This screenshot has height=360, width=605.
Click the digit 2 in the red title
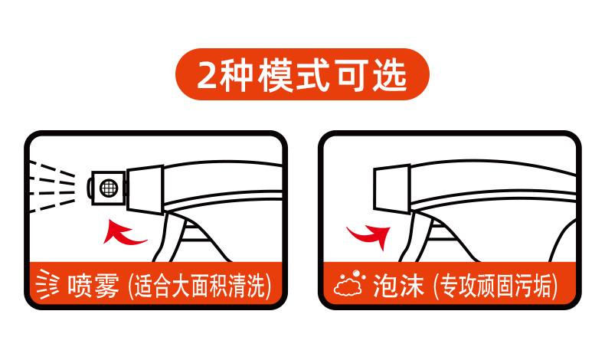coord(208,75)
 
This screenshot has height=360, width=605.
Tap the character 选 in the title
coord(390,75)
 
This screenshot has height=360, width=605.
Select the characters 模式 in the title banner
coord(293,75)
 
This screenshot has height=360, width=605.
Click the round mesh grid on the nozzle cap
coord(109,188)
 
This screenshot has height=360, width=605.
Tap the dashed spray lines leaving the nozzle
coord(52,187)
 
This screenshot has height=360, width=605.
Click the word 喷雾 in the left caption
coord(93,286)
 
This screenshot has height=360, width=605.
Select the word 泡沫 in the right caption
coord(398,286)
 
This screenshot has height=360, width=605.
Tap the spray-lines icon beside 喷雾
coord(47,285)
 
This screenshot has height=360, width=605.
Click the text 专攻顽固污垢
coord(495,286)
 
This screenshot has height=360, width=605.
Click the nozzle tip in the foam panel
coord(391,188)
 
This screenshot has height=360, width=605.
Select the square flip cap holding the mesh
coord(107,188)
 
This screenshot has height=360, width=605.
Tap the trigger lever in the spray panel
coord(170,237)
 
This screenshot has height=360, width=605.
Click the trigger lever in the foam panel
coord(417,237)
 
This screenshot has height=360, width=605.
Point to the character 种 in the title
coord(237,75)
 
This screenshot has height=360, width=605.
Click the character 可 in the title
coord(351,75)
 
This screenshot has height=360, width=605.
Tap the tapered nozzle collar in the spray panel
coord(146,189)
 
